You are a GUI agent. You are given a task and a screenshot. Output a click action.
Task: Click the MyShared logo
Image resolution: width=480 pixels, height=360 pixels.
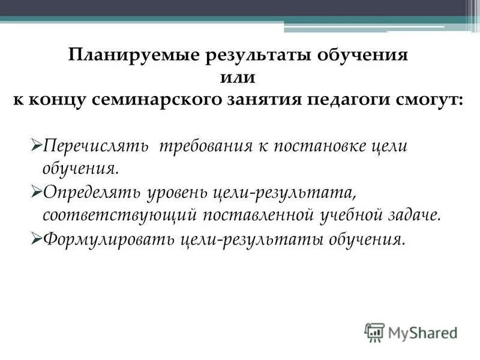pyautogui.click(x=411, y=332)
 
